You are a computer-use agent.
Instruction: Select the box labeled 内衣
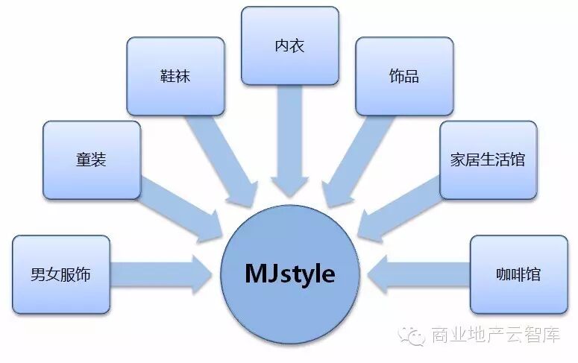point(289,45)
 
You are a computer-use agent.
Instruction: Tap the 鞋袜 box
point(175,76)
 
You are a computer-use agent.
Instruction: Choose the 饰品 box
point(403,76)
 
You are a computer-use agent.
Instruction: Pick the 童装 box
point(92,160)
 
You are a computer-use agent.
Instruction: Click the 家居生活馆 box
point(488,160)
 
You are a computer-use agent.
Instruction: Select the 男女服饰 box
point(61,274)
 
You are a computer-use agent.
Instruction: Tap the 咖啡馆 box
point(518,274)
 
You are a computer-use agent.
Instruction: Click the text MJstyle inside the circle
point(289,274)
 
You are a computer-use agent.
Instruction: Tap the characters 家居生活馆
point(488,160)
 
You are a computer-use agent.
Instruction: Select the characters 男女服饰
point(61,274)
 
